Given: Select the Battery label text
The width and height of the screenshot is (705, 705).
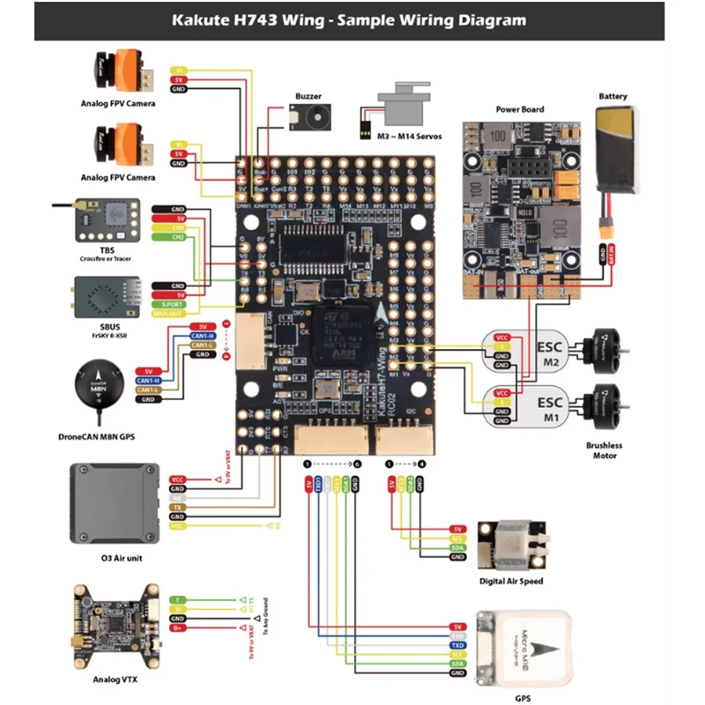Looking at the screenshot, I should [x=614, y=96].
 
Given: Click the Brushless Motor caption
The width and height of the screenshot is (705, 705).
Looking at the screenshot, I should [x=604, y=450].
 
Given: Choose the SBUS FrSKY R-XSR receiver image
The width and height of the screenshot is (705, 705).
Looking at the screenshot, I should [x=106, y=298].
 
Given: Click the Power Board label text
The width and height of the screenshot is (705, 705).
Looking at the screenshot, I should [x=519, y=110].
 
